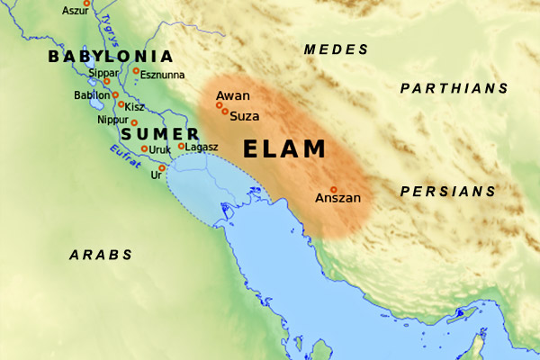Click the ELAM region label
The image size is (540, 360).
288,149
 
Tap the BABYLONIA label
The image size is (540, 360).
110,57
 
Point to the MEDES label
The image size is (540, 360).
337,49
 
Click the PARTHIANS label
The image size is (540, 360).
454,88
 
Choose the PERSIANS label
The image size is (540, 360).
448,192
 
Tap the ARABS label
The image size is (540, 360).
101,255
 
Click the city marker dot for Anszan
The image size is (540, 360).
333,189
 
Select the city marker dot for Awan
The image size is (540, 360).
218,105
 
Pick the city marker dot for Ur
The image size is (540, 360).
162,167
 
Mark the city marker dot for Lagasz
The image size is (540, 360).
181,146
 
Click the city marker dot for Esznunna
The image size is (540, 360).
136,70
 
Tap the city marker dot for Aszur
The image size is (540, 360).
86,4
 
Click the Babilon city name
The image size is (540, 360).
91,94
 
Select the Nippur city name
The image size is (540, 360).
112,119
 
